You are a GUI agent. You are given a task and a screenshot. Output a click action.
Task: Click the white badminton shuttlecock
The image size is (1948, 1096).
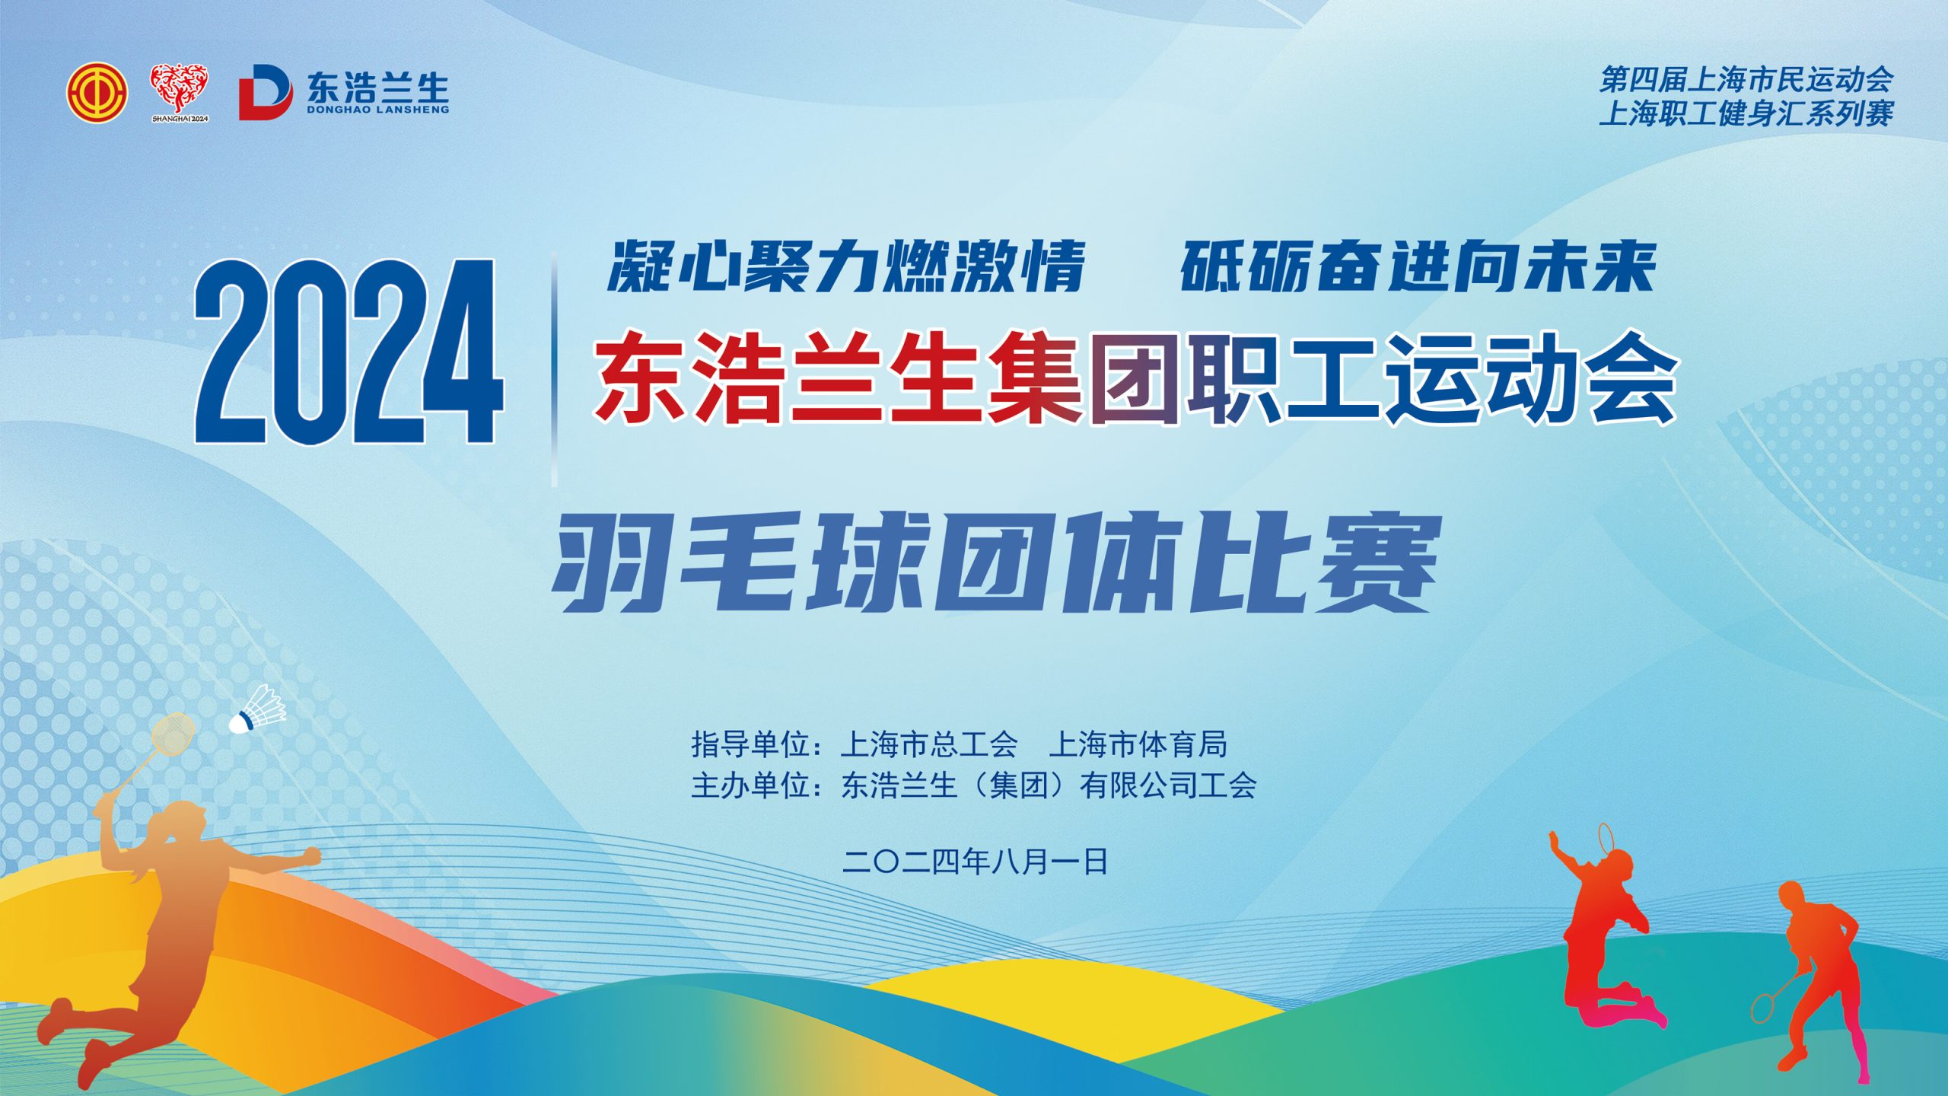258,709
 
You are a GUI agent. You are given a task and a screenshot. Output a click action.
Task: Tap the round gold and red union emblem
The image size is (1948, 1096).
97,93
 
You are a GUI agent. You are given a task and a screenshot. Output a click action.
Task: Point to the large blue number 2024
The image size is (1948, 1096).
349,351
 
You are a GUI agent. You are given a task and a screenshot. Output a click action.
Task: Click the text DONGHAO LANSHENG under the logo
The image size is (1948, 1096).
378,110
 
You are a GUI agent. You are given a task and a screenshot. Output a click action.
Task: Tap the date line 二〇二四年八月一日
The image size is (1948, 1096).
975,862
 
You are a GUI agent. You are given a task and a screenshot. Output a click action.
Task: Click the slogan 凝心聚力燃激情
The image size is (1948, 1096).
846,266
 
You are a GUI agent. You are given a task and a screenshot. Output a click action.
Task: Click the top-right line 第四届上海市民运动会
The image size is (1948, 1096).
1747,79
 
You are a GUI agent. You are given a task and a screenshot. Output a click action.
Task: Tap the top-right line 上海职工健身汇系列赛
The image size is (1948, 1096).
1747,114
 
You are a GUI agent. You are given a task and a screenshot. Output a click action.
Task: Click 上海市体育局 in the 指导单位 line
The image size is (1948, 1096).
1138,744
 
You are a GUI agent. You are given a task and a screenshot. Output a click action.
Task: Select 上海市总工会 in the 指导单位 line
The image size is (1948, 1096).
929,744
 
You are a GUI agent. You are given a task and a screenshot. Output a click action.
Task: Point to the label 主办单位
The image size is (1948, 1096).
750,785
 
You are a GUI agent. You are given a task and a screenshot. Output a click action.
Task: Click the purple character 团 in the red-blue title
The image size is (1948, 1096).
1135,378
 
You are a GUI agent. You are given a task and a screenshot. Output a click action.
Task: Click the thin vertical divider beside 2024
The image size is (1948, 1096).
554,368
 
